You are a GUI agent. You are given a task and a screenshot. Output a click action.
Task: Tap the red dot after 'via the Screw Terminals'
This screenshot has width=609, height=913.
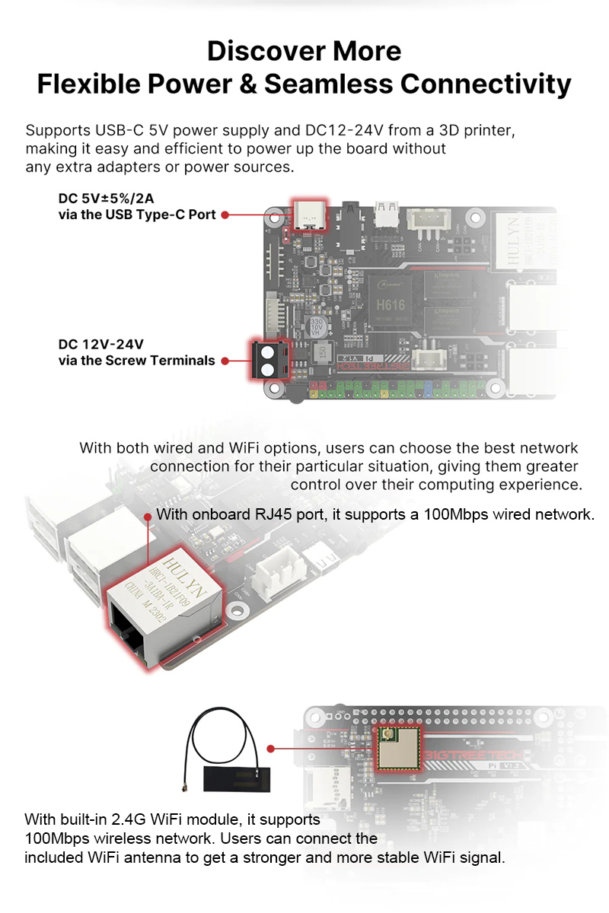point(225,361)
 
